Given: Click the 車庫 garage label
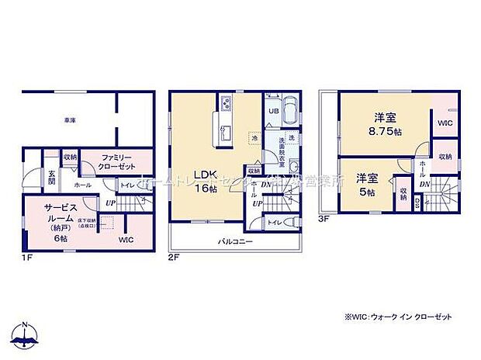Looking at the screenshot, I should (x=70, y=120).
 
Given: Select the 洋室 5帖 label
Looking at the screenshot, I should (x=368, y=185).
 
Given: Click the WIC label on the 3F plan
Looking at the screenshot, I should (x=445, y=123).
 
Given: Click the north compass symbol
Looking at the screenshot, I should (x=26, y=334).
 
